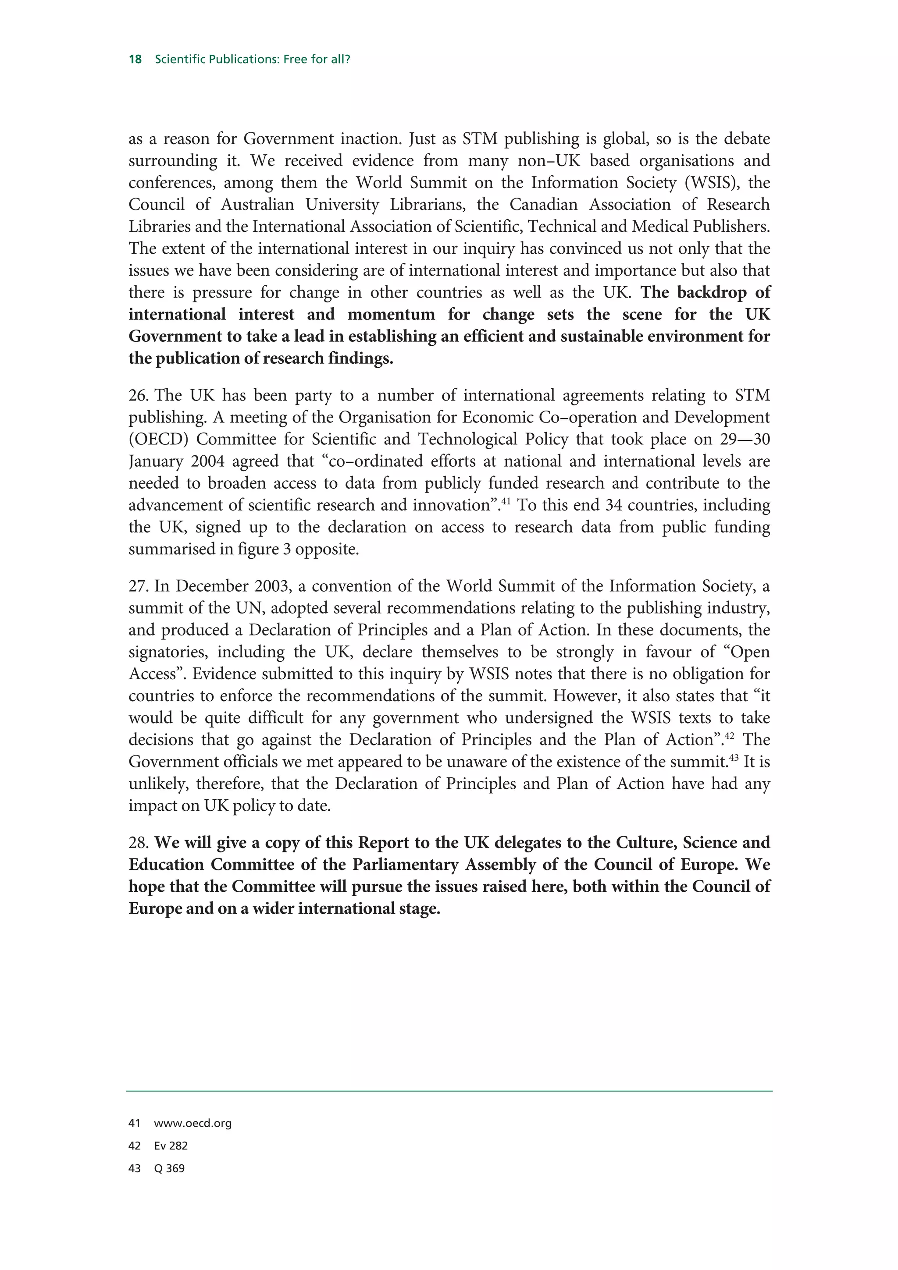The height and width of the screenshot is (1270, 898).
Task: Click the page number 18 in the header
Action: tap(135, 59)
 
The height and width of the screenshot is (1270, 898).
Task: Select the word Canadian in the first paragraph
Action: tap(543, 205)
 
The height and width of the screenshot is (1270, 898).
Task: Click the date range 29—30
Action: tap(745, 439)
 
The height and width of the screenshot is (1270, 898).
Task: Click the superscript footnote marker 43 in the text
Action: tap(734, 758)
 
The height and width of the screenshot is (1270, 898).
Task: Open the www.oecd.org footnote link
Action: tap(192, 1124)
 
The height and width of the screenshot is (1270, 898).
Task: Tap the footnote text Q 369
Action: tap(169, 1168)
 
